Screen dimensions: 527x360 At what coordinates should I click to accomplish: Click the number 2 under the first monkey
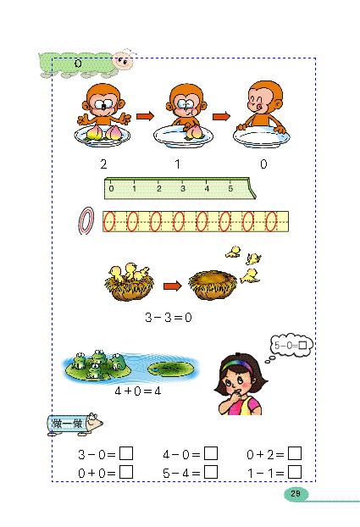[x=102, y=164]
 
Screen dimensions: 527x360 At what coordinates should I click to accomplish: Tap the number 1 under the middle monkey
[x=179, y=164]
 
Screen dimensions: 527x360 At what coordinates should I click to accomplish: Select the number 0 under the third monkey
[x=263, y=164]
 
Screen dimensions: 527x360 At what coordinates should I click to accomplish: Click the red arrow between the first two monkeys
[x=144, y=117]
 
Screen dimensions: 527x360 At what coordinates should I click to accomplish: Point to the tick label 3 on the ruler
[x=183, y=189]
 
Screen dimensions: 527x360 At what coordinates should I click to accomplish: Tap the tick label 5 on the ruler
[x=231, y=189]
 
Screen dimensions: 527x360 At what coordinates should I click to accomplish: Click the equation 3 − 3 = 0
[x=170, y=319]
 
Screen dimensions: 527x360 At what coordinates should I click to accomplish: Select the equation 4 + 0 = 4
[x=137, y=393]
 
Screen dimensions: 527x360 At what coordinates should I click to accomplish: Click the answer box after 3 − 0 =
[x=126, y=455]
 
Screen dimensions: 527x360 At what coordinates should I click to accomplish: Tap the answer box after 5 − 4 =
[x=211, y=472]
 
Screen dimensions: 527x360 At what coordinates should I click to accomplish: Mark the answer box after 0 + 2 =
[x=295, y=455]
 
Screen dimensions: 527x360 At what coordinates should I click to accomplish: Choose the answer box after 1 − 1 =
[x=295, y=472]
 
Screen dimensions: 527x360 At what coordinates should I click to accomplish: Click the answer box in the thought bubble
[x=304, y=345]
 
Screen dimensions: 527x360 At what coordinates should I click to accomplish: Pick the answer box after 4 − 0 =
[x=211, y=455]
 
